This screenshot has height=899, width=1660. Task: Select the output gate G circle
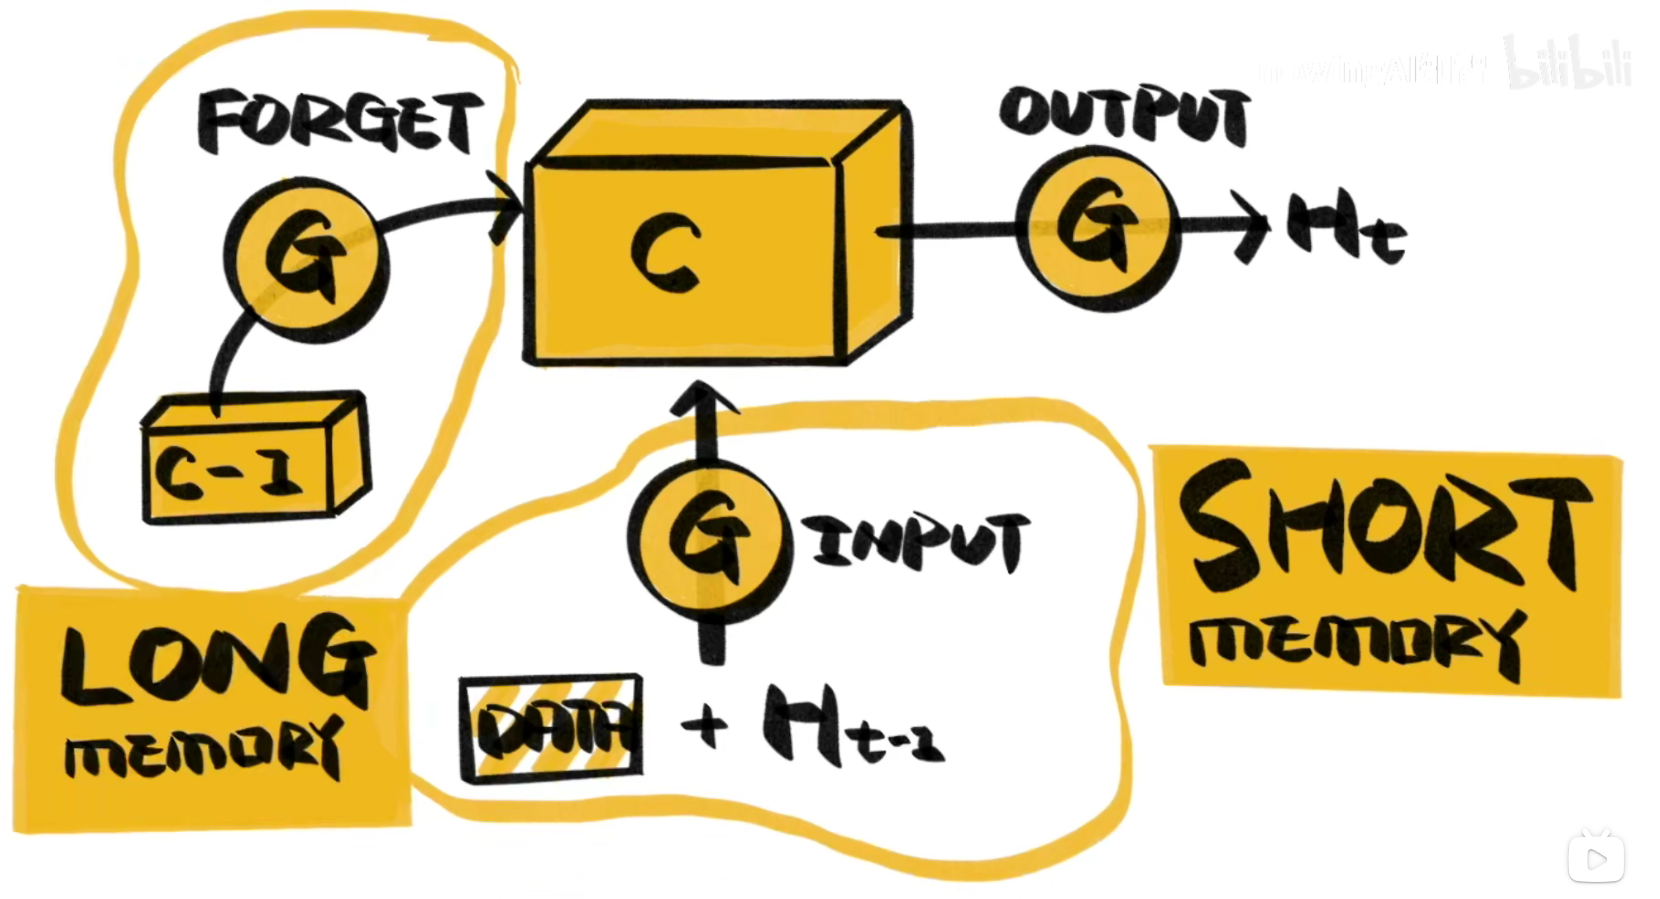[x=1098, y=229]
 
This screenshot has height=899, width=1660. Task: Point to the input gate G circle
[x=710, y=540]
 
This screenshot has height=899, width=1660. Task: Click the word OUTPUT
[x=1124, y=116]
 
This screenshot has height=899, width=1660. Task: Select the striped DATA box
[x=552, y=728]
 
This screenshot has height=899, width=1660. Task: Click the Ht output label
[x=1345, y=229]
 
